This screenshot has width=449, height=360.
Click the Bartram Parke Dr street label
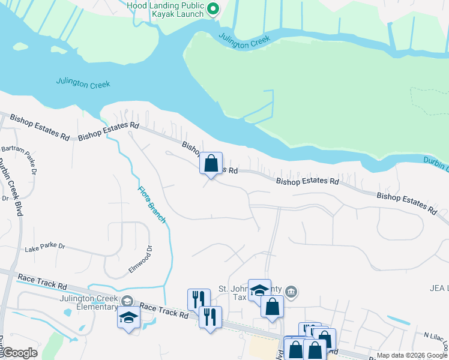27,159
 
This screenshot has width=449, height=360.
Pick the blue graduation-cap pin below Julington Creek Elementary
128,317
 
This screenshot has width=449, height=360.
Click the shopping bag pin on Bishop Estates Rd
211,163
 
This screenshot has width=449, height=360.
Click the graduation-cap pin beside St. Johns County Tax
259,290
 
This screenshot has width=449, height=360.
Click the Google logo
19,353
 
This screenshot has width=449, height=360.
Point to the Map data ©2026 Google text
412,356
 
